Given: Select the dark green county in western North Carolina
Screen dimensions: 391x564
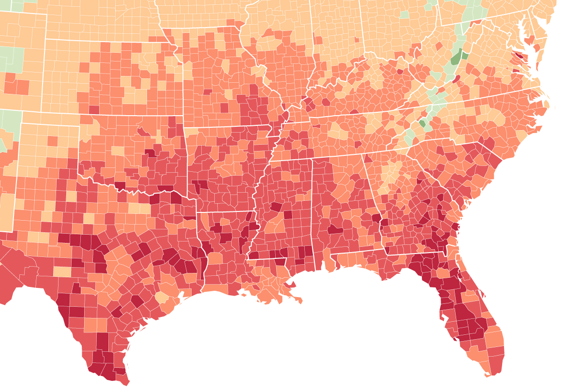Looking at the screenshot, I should pyautogui.click(x=422, y=124).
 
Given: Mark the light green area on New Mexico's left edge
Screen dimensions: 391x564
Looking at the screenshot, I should pyautogui.click(x=10, y=126).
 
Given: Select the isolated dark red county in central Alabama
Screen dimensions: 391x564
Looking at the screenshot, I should pyautogui.click(x=335, y=229).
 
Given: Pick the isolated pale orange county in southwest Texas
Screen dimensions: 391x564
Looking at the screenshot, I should pyautogui.click(x=62, y=271).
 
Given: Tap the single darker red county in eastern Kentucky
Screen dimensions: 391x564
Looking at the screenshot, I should pyautogui.click(x=400, y=71).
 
